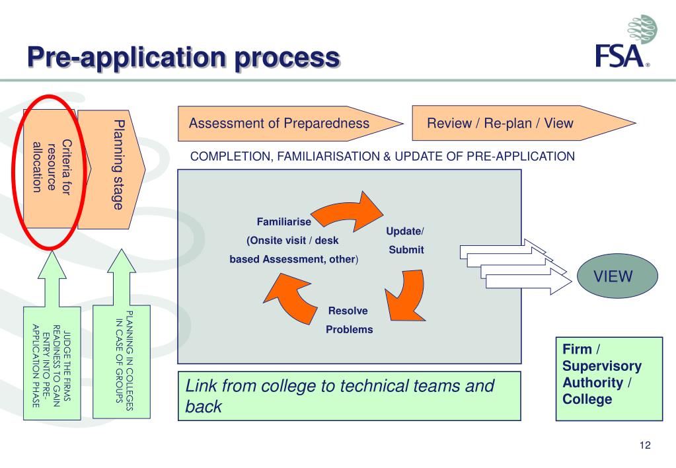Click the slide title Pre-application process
(x=184, y=57)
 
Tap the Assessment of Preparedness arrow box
(x=290, y=124)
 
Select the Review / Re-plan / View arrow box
(x=523, y=123)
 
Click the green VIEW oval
(x=617, y=276)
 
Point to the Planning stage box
(x=111, y=169)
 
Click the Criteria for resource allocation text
(x=52, y=167)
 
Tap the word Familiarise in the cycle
(x=283, y=221)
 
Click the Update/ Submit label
(x=405, y=240)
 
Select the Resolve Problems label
(x=349, y=320)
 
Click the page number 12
(x=645, y=445)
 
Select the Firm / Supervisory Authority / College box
(x=609, y=379)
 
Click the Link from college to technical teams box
(x=349, y=396)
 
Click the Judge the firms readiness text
(x=52, y=366)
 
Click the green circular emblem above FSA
(x=642, y=29)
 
